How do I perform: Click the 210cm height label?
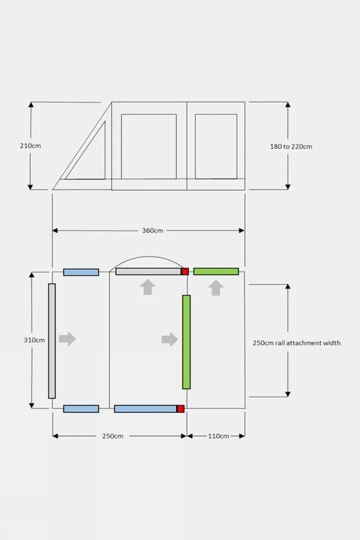pyautogui.click(x=30, y=146)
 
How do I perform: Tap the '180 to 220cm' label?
pyautogui.click(x=291, y=147)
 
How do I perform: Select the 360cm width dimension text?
pyautogui.click(x=153, y=230)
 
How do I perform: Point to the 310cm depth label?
pyautogui.click(x=35, y=340)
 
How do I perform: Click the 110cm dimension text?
pyautogui.click(x=219, y=436)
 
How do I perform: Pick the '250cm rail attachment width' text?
pyautogui.click(x=297, y=343)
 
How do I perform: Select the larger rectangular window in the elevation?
pyautogui.click(x=149, y=147)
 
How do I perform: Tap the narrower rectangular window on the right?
pyautogui.click(x=216, y=147)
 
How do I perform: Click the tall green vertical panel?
pyautogui.click(x=187, y=342)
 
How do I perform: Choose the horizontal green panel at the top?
pyautogui.click(x=216, y=272)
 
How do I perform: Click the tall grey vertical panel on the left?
pyautogui.click(x=52, y=341)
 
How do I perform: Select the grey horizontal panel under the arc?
pyautogui.click(x=149, y=272)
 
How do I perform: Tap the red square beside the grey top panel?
pyautogui.click(x=185, y=272)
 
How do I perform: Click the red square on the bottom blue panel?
pyautogui.click(x=181, y=409)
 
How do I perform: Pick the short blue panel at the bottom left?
pyautogui.click(x=81, y=409)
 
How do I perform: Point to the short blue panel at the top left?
pyautogui.click(x=81, y=272)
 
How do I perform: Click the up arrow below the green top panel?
pyautogui.click(x=216, y=287)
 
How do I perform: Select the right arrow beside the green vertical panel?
pyautogui.click(x=170, y=339)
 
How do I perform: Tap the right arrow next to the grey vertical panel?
pyautogui.click(x=67, y=338)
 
